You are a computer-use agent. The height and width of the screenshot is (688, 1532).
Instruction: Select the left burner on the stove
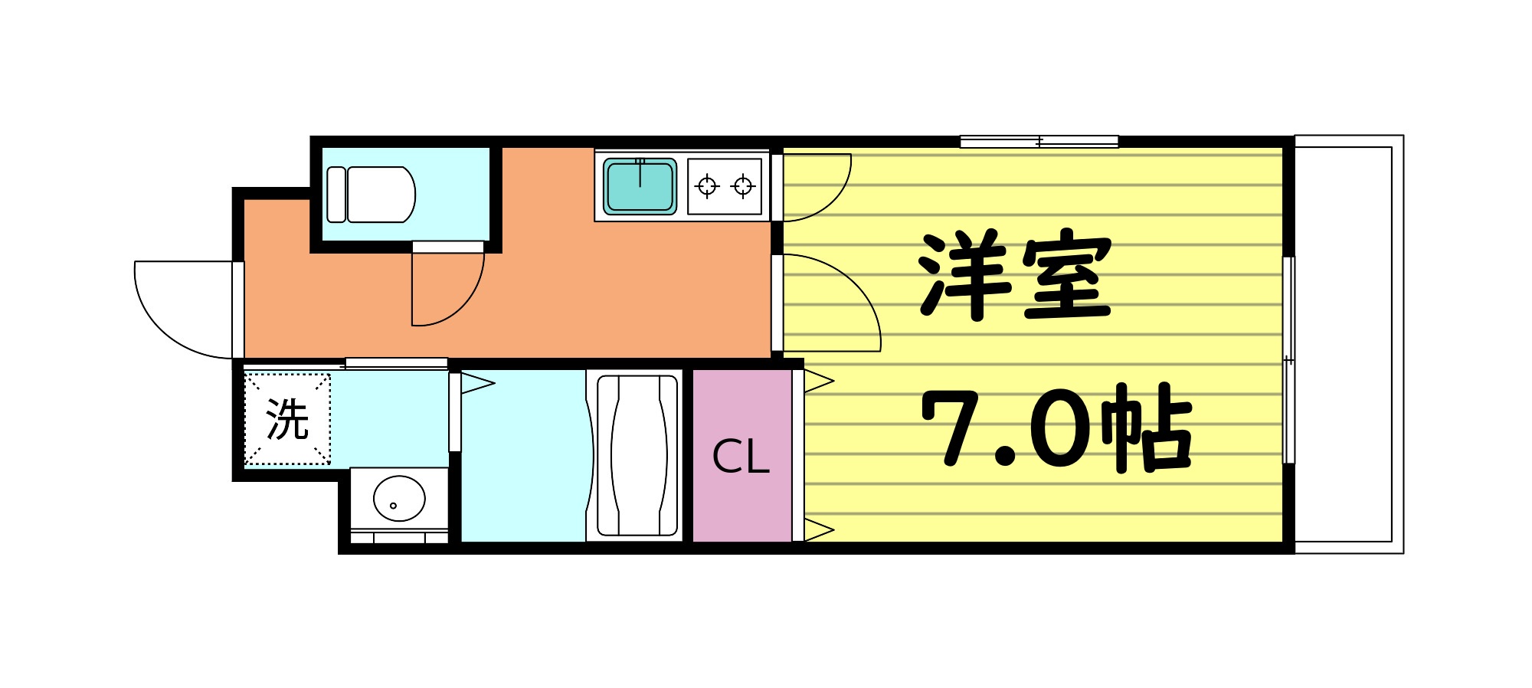pos(707,186)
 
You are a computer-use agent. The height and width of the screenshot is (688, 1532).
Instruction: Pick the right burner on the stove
pos(742,186)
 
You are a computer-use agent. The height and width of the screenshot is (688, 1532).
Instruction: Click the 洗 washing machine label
pos(287,419)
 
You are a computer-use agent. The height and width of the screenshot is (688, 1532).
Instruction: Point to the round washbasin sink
pos(399,499)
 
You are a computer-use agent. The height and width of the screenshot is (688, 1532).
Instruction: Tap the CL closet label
pos(740,457)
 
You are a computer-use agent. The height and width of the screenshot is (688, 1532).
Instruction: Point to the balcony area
pos(1348,345)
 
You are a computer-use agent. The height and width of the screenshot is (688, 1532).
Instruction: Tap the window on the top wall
pos(1039,142)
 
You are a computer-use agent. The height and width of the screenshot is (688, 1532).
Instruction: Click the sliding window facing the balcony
pos(1288,360)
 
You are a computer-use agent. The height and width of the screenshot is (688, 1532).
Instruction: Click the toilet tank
pos(336,195)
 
